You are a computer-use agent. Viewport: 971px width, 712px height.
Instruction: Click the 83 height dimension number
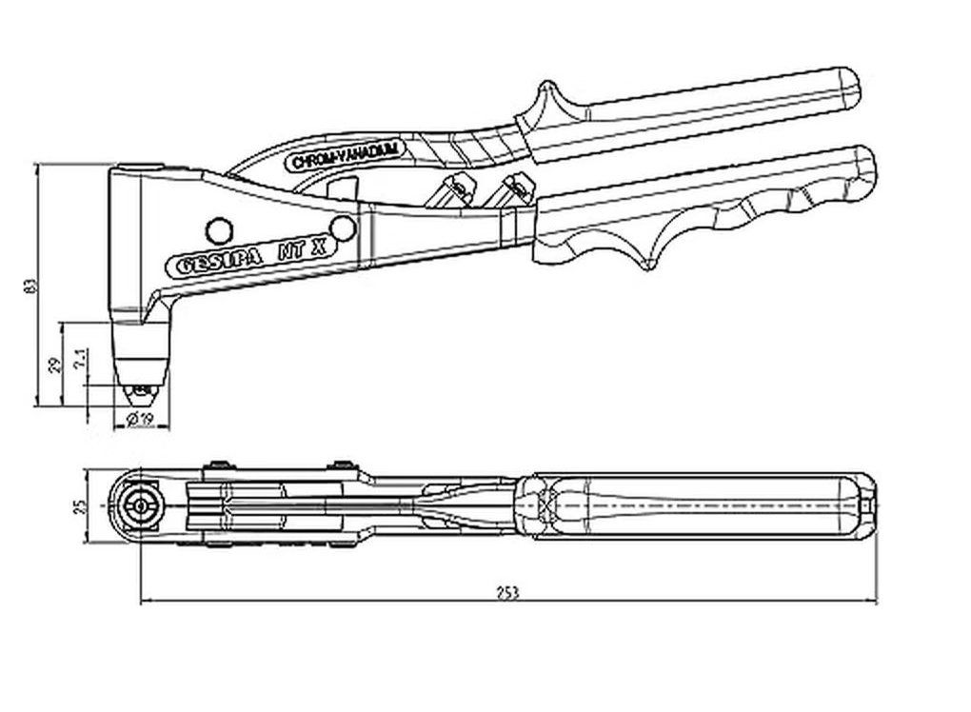(30, 285)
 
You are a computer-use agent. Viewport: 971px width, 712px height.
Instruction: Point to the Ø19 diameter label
(139, 419)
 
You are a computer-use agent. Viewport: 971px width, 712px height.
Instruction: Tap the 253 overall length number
(507, 592)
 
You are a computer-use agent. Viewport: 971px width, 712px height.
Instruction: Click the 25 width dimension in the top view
(80, 505)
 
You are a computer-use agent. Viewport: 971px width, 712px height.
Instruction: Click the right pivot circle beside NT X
(345, 227)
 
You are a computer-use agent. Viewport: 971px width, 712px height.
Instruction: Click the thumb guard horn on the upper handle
(546, 94)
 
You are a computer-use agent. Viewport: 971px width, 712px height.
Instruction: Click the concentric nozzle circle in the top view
(141, 505)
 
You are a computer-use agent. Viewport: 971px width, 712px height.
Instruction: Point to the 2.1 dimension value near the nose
(83, 359)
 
